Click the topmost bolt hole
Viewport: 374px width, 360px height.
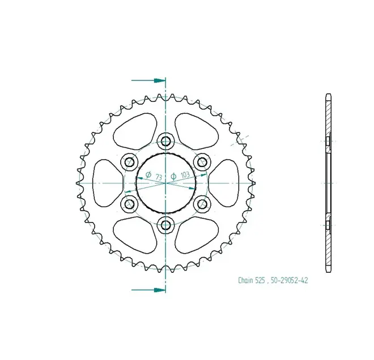pyautogui.click(x=166, y=142)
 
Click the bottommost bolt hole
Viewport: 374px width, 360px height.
pyautogui.click(x=166, y=225)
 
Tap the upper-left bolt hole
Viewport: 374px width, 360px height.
pyautogui.click(x=130, y=162)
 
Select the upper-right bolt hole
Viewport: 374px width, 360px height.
pyautogui.click(x=202, y=162)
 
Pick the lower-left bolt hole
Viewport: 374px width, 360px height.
pyautogui.click(x=130, y=204)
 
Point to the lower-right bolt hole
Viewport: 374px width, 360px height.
pyautogui.click(x=202, y=204)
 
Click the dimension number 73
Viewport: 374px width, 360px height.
pyautogui.click(x=159, y=177)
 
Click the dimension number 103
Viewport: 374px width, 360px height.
pyautogui.click(x=185, y=175)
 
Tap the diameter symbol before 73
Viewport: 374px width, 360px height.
pyautogui.click(x=148, y=175)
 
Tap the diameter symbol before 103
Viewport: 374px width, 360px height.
pyautogui.click(x=173, y=177)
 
